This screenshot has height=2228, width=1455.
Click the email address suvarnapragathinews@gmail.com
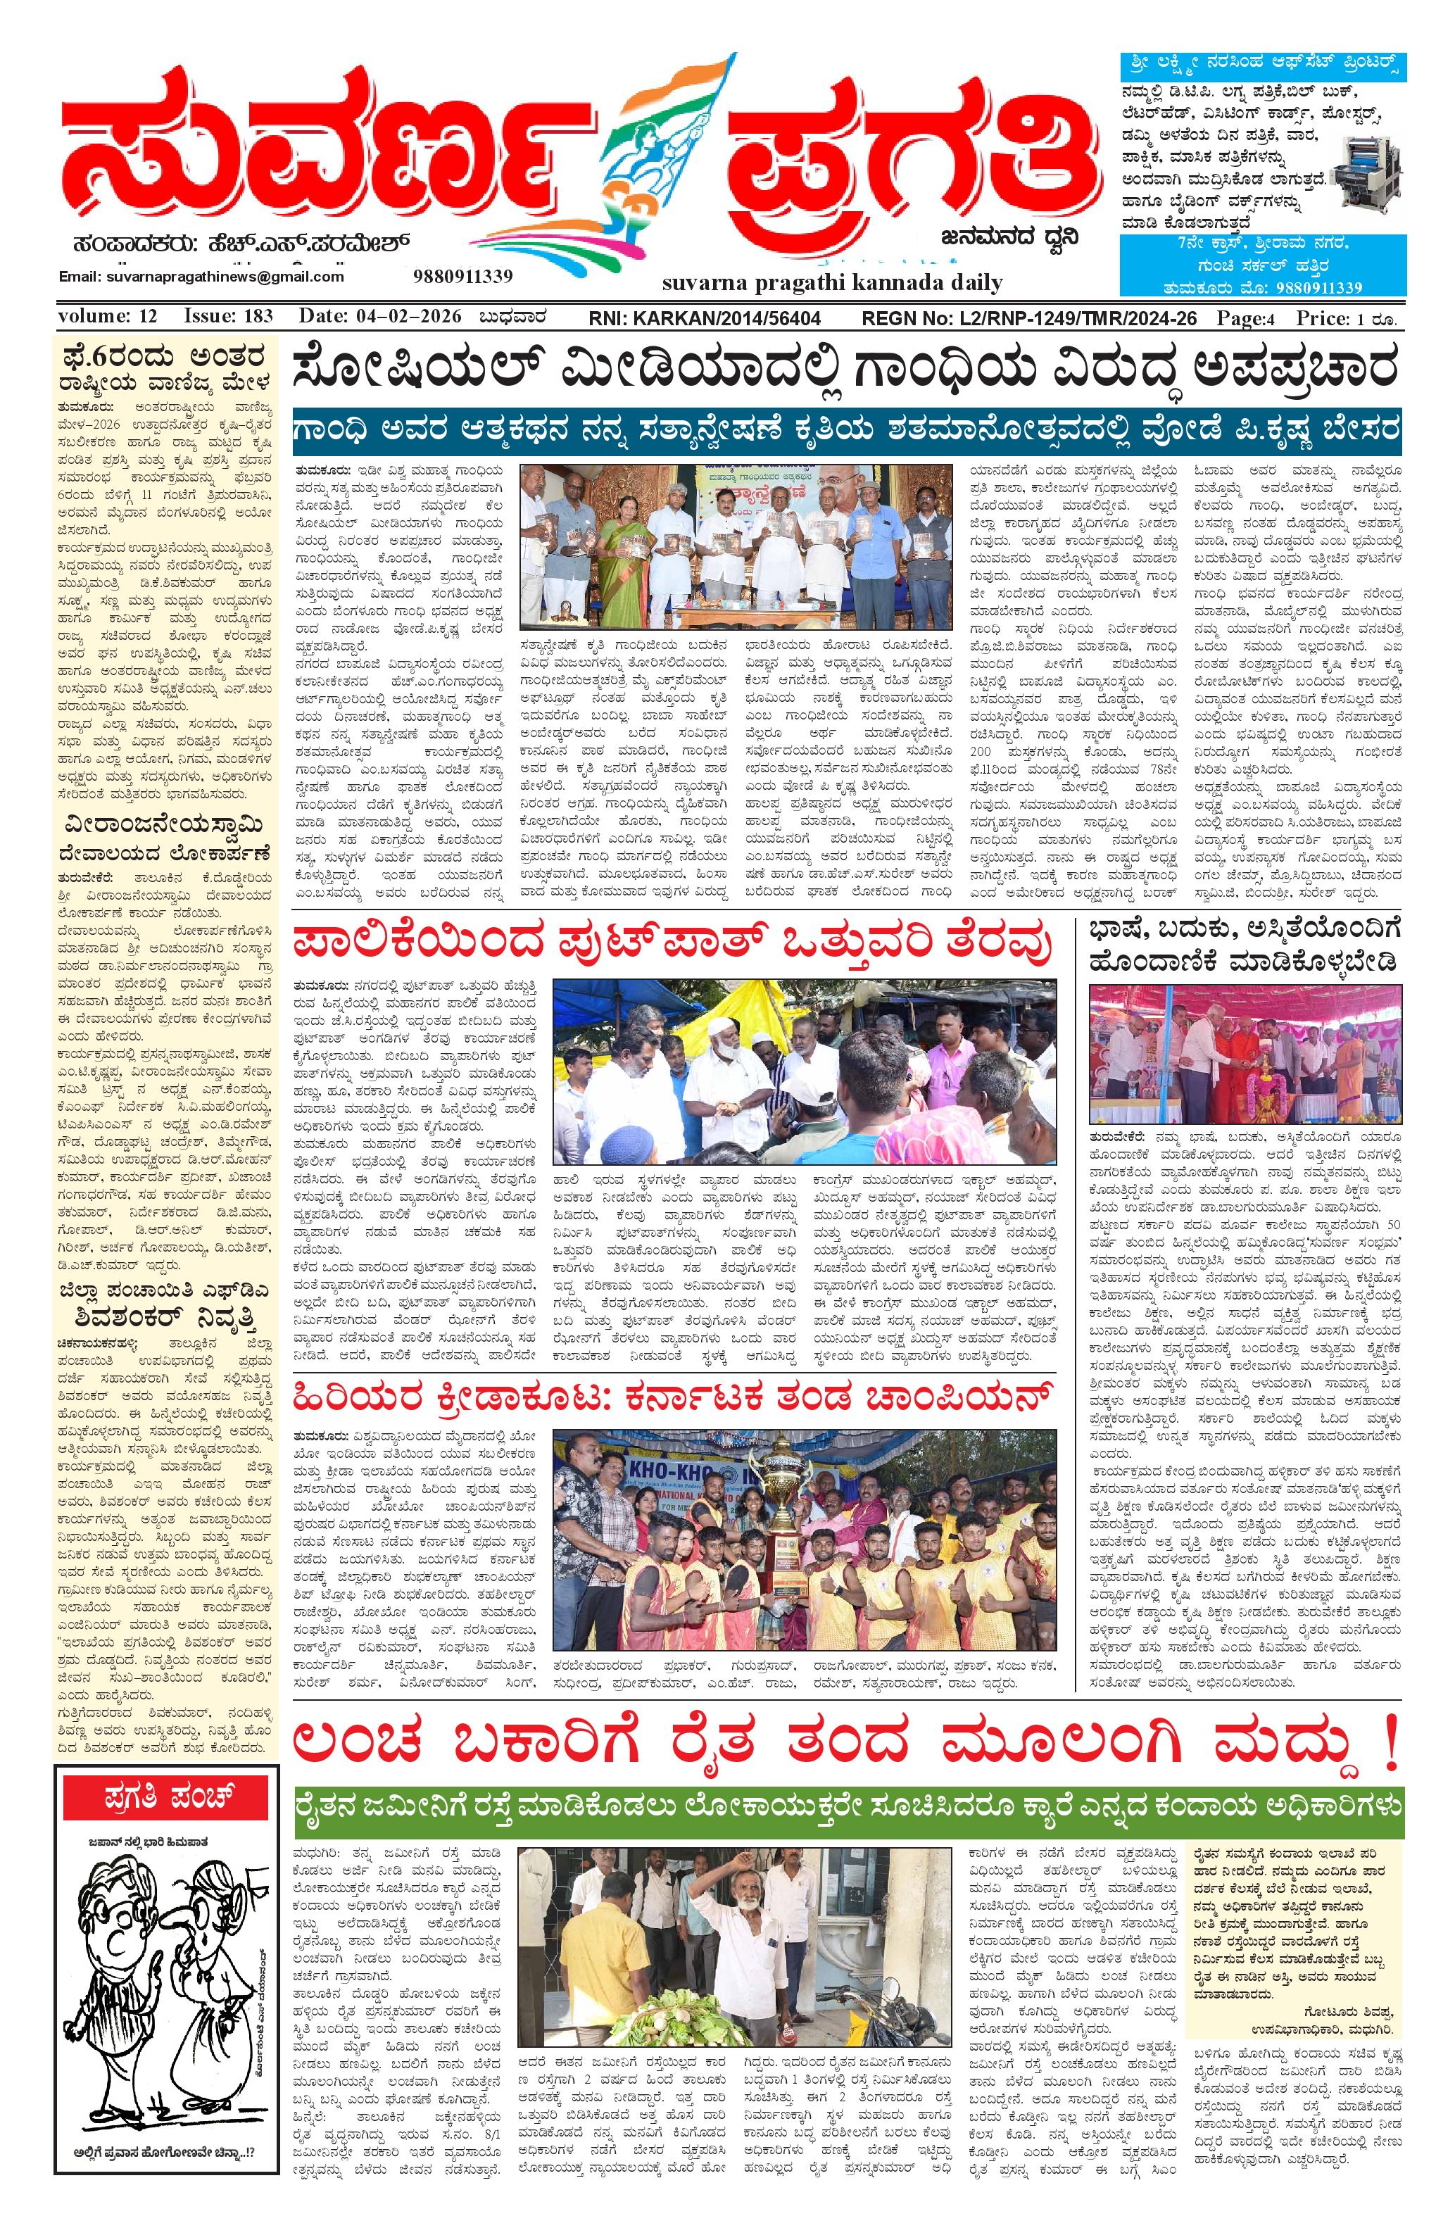coord(201,277)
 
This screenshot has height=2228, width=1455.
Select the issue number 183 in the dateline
coord(252,317)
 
